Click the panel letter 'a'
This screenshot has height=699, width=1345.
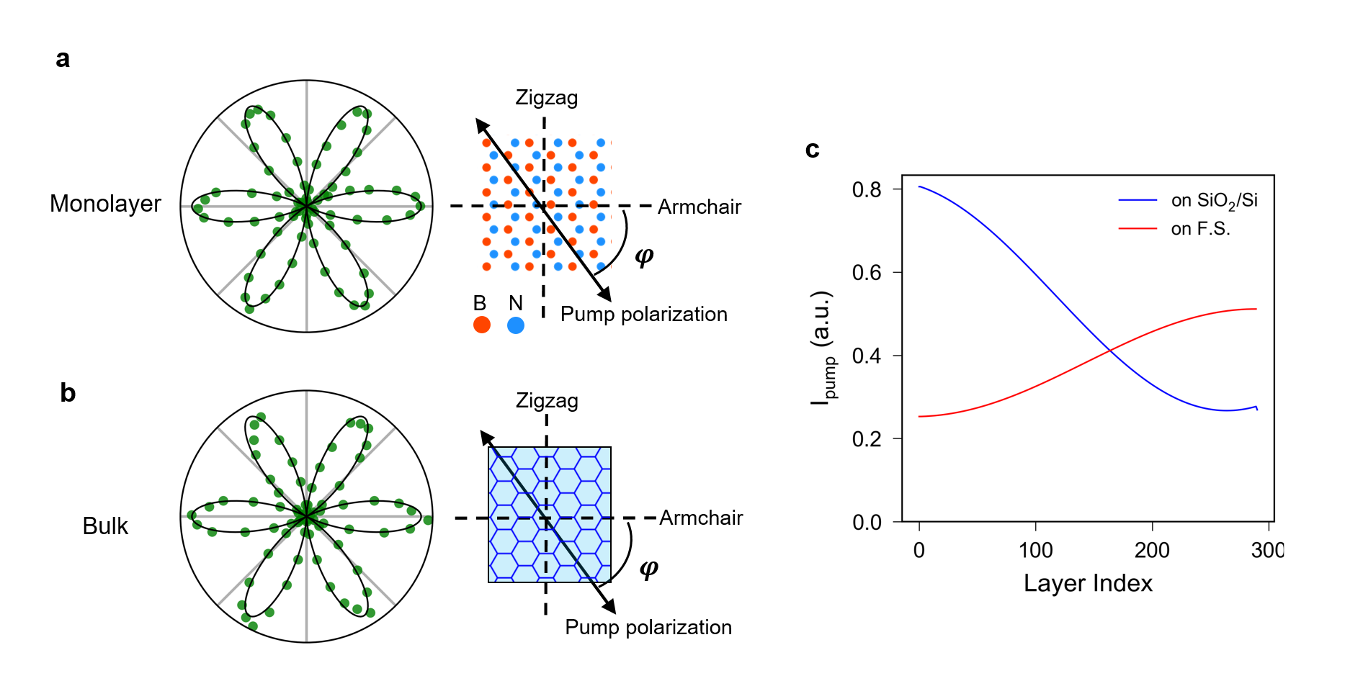pos(63,59)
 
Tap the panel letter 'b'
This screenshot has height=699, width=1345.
pos(68,393)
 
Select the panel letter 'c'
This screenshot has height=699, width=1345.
pos(812,149)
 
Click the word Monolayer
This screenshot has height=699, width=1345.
pos(105,204)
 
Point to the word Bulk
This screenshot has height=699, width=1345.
pos(105,526)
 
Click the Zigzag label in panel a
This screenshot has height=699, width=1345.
pos(546,98)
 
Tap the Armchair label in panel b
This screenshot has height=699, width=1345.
pos(700,518)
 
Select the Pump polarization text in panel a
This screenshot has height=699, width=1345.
pos(643,315)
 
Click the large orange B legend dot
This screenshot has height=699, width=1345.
pos(482,325)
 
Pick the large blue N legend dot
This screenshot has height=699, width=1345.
pos(516,325)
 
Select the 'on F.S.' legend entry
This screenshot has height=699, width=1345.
pos(1200,229)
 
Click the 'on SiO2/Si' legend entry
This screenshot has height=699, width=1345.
pos(1214,201)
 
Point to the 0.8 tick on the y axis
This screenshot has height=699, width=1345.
pos(867,189)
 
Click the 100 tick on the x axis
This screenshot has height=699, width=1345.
pos(1035,551)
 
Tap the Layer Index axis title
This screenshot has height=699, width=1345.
pos(1088,583)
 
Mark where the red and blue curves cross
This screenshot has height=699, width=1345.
pos(1110,351)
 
